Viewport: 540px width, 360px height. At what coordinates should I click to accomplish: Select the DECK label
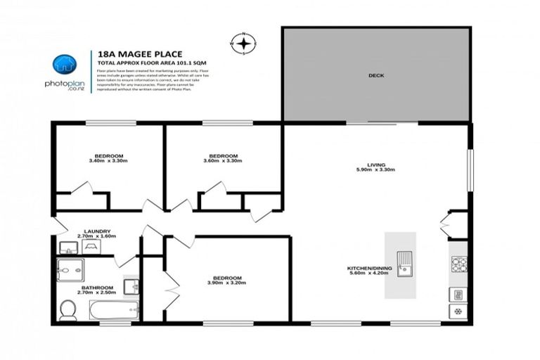[376, 76]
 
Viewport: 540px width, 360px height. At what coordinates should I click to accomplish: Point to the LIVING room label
[375, 164]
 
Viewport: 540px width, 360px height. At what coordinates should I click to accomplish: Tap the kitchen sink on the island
[405, 264]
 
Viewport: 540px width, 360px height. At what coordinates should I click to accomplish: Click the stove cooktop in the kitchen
[458, 264]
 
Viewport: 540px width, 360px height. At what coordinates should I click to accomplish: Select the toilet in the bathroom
[68, 309]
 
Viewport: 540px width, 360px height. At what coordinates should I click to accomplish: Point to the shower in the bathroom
[70, 270]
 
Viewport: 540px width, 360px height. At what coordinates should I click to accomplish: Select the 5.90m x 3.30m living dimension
[375, 170]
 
